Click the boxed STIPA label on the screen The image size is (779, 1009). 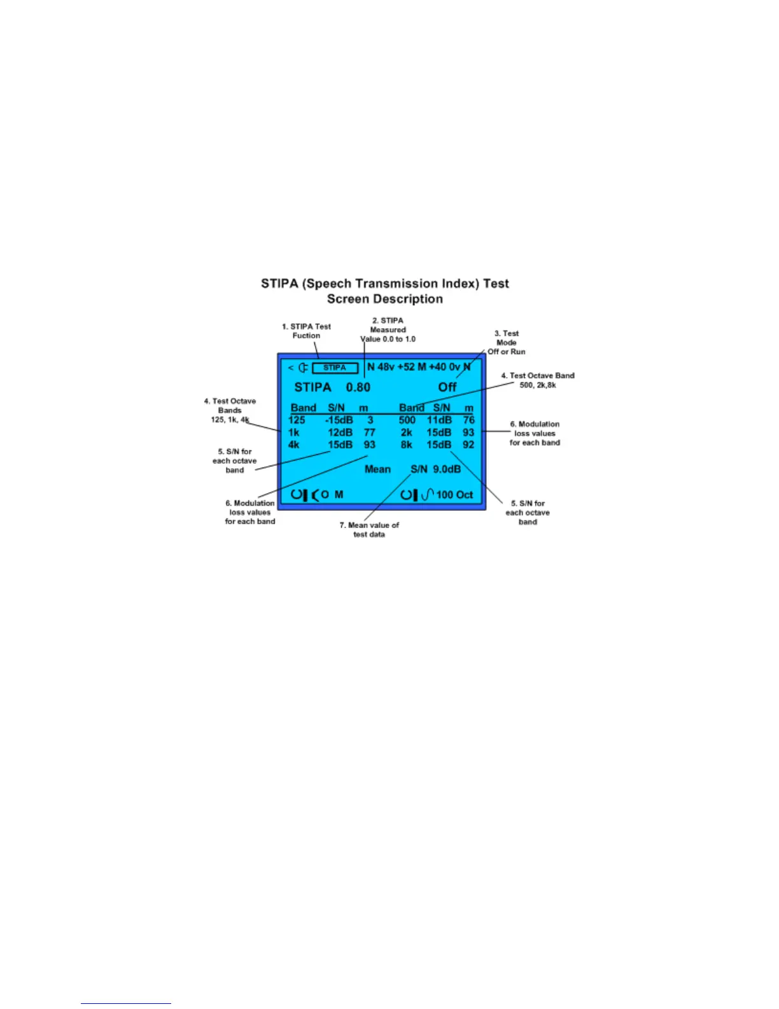coord(335,368)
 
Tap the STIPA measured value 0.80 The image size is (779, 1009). coord(358,387)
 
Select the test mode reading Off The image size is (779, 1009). coord(447,387)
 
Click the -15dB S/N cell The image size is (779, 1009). coord(339,420)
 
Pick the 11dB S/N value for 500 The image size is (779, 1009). coord(439,420)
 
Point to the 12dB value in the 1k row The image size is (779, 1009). coord(340,433)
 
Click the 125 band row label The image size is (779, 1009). coord(297,420)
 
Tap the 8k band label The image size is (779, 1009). coord(406,445)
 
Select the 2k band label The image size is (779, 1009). coord(406,433)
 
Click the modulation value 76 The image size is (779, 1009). coord(469,420)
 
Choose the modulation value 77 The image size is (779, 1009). coord(369,433)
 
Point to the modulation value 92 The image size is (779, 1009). coord(468,445)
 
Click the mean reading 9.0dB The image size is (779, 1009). coord(447,469)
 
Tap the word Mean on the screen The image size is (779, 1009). coord(377,469)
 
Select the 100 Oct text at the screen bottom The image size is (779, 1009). coord(454,495)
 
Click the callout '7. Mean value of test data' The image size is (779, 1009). coord(369,530)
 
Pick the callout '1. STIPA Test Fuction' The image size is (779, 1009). coord(306,331)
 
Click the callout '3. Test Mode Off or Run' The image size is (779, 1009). coord(507,342)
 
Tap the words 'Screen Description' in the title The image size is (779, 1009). coord(384,299)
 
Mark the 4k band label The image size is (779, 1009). coord(293,445)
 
